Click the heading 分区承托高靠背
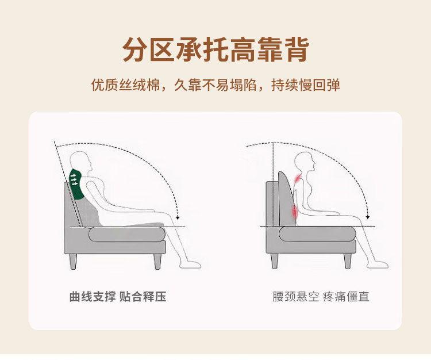coord(215,50)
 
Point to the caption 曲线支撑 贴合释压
coord(118,297)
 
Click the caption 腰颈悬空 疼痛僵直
coord(321,297)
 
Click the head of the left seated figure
coord(80,161)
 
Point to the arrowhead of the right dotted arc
coord(367,217)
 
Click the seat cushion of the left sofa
coord(126,233)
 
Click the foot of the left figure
coord(190,265)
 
